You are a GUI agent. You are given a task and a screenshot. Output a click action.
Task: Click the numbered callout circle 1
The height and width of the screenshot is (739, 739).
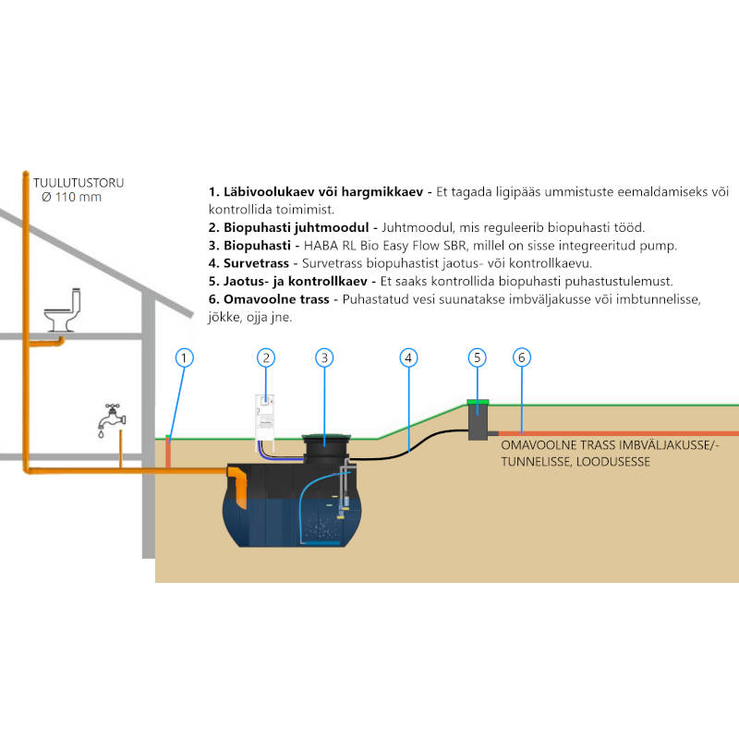coord(185,357)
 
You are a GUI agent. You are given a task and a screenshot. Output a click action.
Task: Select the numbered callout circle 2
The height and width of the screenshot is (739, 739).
coord(265,357)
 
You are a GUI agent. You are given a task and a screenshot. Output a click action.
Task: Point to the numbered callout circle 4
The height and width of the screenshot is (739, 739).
coord(410,357)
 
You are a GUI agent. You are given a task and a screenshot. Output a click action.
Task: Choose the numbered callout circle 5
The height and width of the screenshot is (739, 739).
coord(477,357)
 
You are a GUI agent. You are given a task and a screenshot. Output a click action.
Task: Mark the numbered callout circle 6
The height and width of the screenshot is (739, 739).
coord(522,357)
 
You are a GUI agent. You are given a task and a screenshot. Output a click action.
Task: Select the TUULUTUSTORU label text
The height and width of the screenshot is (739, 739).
coord(79,183)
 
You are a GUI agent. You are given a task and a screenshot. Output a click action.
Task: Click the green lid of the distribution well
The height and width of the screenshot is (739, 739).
coord(478,402)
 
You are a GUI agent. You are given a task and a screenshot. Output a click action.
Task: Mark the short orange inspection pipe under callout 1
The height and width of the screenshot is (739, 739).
coord(169,453)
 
